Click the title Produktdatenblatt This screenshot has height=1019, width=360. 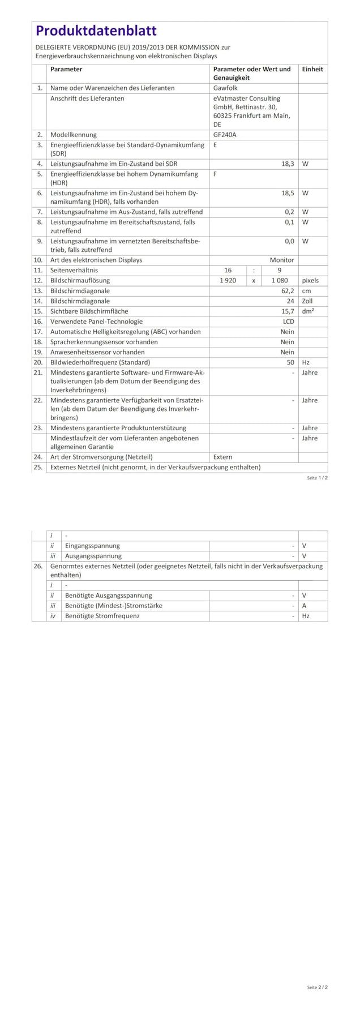pos(96,31)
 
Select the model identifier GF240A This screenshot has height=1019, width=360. pos(225,135)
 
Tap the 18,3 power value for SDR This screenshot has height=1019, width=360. pos(288,164)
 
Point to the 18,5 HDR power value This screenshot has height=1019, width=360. pos(288,193)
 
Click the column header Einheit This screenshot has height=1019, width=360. pos(312,69)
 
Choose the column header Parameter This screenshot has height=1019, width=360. pos(66,69)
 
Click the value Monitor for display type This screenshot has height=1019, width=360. pos(281,260)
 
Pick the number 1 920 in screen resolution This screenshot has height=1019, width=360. pos(228,280)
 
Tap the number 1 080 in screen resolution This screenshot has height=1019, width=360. pos(280,280)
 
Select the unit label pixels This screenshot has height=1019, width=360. pos(310,280)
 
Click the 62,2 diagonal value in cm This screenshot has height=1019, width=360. pos(288,290)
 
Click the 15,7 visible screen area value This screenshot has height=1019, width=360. pos(288,311)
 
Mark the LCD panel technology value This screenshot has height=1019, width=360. pos(288,322)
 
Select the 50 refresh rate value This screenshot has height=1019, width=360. pos(290,362)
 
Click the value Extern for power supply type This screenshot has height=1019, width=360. pos(222,457)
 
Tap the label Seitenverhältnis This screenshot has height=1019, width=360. pos(74,270)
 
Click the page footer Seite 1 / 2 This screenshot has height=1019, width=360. pos(317,478)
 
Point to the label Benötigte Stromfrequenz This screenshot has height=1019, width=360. pos(102,616)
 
